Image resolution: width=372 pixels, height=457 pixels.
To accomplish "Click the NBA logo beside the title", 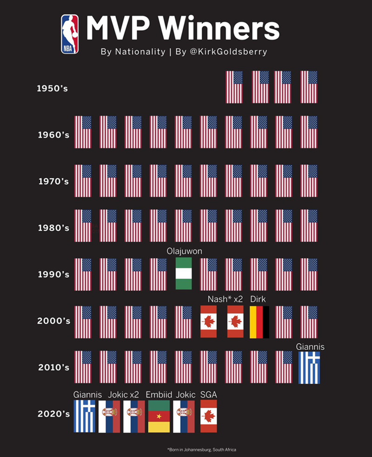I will tap(70, 34).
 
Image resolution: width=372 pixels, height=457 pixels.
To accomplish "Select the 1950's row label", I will tap(53, 89).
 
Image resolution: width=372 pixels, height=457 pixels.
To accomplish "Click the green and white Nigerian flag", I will tap(183, 274).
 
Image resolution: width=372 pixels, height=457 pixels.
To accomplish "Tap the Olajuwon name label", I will tap(184, 251).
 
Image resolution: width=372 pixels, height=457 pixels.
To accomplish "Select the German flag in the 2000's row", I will tap(259, 321).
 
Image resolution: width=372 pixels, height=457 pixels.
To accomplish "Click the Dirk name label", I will tap(258, 299).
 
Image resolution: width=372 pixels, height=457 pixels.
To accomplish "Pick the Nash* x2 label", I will tap(225, 299).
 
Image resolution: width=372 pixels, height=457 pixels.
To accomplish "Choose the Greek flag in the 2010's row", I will tap(309, 367).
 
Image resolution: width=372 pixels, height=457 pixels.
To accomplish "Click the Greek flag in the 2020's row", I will tap(84, 416).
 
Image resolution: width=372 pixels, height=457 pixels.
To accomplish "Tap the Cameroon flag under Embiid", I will tap(159, 416).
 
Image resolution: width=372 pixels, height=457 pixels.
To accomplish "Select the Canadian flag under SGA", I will tap(208, 416).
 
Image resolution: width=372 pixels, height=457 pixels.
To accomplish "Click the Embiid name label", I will tap(159, 394).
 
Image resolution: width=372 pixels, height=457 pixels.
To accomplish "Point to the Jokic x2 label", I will tap(124, 394).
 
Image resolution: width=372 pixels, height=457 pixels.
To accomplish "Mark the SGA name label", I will tap(208, 394).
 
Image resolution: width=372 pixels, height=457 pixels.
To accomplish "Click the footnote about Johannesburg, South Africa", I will tap(201, 450).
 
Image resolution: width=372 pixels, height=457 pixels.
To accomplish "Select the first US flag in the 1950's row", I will tap(234, 87).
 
